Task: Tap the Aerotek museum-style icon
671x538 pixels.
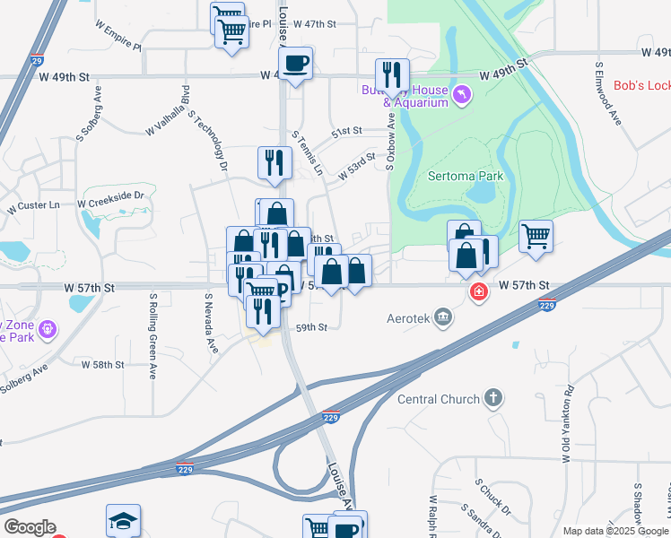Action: [442, 317]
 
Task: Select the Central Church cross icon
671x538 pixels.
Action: [492, 397]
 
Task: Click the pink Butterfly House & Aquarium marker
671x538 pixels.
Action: [462, 94]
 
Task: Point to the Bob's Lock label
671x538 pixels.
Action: [640, 85]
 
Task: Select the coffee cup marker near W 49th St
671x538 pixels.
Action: [295, 64]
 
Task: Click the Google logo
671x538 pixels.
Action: [29, 527]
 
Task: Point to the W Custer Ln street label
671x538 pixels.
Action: [33, 206]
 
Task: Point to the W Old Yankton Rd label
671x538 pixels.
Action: [566, 424]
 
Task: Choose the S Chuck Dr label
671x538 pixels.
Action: [493, 499]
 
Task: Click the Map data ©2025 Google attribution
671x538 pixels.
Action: [614, 531]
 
